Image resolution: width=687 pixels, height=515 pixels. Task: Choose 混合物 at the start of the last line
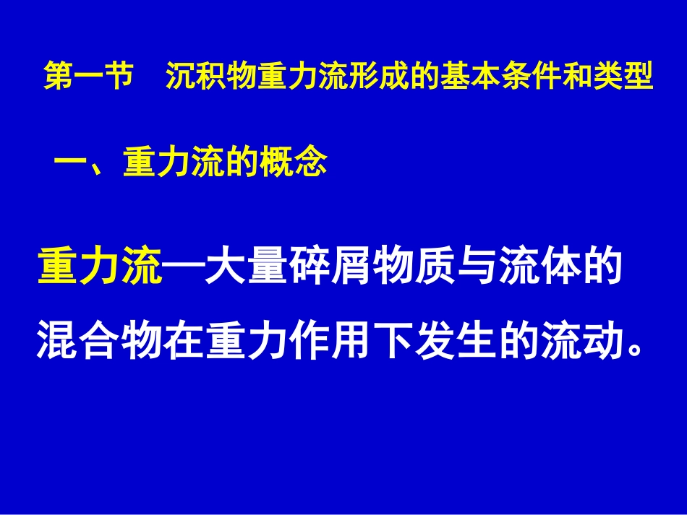tap(99, 342)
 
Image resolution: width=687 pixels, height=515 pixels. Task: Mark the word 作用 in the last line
tap(330, 342)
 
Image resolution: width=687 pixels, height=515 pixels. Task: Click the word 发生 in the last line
tap(456, 342)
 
